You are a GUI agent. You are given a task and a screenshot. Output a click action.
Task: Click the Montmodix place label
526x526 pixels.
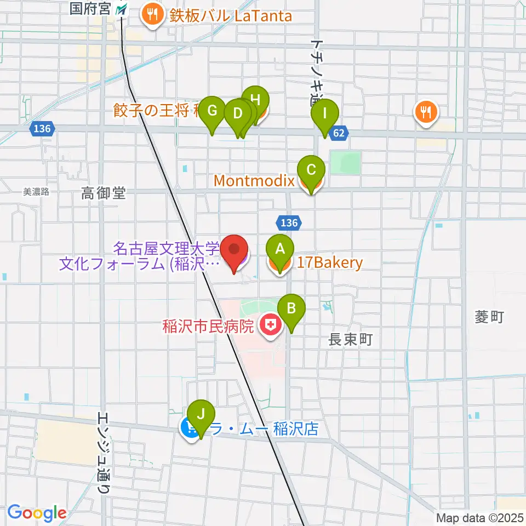(254, 180)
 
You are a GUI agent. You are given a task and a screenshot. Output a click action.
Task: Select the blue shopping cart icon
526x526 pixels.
(190, 428)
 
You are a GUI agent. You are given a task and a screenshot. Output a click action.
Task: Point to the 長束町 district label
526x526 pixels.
(350, 340)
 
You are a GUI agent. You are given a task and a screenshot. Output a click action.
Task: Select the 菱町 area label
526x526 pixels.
(489, 317)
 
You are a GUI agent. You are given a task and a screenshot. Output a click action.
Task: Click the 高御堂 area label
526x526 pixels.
(104, 193)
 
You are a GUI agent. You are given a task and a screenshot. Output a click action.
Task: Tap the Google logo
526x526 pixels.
(37, 513)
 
